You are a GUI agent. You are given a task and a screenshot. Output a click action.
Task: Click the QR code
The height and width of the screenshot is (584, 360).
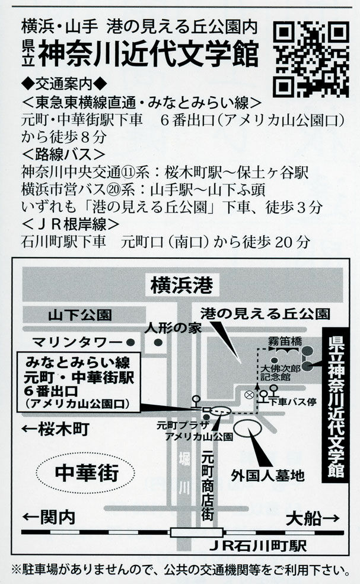click(311, 59)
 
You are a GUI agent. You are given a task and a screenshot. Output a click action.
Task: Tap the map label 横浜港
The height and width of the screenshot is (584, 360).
click(181, 285)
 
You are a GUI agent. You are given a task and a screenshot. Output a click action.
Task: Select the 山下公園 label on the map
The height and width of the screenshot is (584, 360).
click(80, 315)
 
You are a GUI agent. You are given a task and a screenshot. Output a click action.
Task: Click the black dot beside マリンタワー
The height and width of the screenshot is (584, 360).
click(130, 341)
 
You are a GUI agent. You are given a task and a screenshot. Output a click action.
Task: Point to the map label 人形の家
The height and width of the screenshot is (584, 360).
click(173, 328)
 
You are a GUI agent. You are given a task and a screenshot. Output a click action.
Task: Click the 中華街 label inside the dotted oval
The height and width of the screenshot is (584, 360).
click(87, 472)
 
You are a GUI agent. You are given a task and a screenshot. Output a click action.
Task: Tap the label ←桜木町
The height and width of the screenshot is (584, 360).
click(56, 429)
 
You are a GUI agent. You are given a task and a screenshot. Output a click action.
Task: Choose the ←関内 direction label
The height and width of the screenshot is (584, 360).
click(49, 518)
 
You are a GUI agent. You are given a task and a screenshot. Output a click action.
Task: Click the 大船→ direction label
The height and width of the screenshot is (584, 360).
click(313, 518)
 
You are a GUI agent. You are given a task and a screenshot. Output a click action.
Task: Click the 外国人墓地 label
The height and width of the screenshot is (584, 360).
click(267, 475)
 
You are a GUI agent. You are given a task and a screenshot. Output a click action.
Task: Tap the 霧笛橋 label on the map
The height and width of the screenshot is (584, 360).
click(285, 341)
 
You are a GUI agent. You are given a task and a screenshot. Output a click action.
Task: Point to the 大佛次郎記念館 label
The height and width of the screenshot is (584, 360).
click(281, 373)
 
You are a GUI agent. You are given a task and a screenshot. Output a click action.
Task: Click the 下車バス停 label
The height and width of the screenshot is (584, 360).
click(292, 401)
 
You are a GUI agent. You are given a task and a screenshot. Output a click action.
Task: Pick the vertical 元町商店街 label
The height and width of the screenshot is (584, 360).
click(208, 485)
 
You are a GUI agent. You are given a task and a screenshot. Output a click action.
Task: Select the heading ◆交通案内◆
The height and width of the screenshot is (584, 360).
click(64, 84)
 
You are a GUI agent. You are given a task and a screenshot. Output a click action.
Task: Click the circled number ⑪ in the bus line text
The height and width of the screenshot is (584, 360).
click(128, 173)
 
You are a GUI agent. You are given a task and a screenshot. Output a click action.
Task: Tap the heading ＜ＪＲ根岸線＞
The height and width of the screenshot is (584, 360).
click(71, 224)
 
